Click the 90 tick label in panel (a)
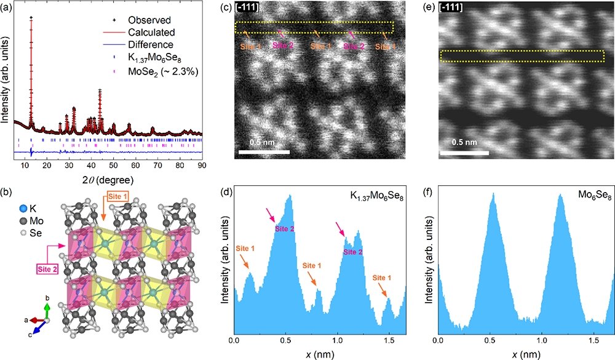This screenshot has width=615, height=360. point(202,165)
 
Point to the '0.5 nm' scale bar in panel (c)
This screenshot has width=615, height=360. point(264,151)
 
